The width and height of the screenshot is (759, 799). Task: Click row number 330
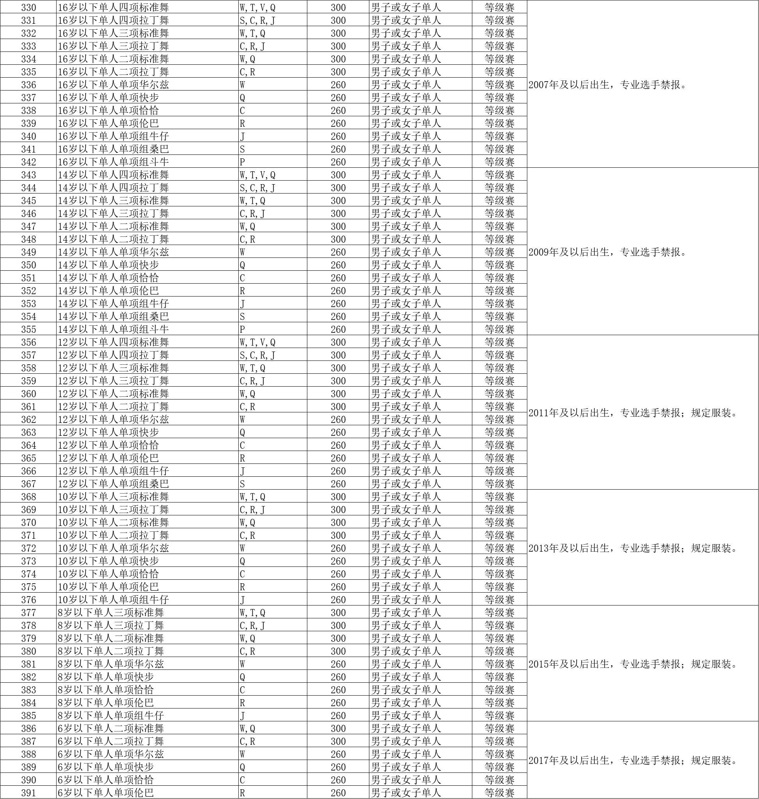tap(28, 7)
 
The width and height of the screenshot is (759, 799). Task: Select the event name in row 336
tap(113, 85)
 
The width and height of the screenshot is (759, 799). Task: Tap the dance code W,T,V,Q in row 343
tap(257, 175)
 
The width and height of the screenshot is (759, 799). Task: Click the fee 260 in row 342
tap(338, 162)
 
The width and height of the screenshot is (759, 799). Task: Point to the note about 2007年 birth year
tap(608, 85)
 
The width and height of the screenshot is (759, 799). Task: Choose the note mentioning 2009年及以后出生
tap(608, 252)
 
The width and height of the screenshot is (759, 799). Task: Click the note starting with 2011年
tap(633, 413)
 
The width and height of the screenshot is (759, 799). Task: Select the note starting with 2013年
tap(633, 548)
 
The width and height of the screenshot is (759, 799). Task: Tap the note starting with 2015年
tap(633, 664)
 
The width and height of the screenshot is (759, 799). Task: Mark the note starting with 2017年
tap(633, 760)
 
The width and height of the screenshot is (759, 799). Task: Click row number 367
tap(28, 484)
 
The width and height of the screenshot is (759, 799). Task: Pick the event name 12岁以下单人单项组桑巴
tap(113, 484)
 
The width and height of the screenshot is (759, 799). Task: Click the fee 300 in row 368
tap(338, 497)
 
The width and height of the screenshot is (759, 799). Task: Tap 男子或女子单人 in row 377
tap(406, 613)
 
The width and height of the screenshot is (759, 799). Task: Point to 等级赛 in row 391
tap(500, 792)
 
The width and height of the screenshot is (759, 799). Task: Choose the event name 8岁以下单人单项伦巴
tap(106, 703)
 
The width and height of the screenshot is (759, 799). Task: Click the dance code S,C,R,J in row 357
tap(257, 355)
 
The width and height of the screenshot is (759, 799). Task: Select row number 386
tap(28, 728)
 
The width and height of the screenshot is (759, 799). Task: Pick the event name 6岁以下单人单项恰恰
tap(106, 780)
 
